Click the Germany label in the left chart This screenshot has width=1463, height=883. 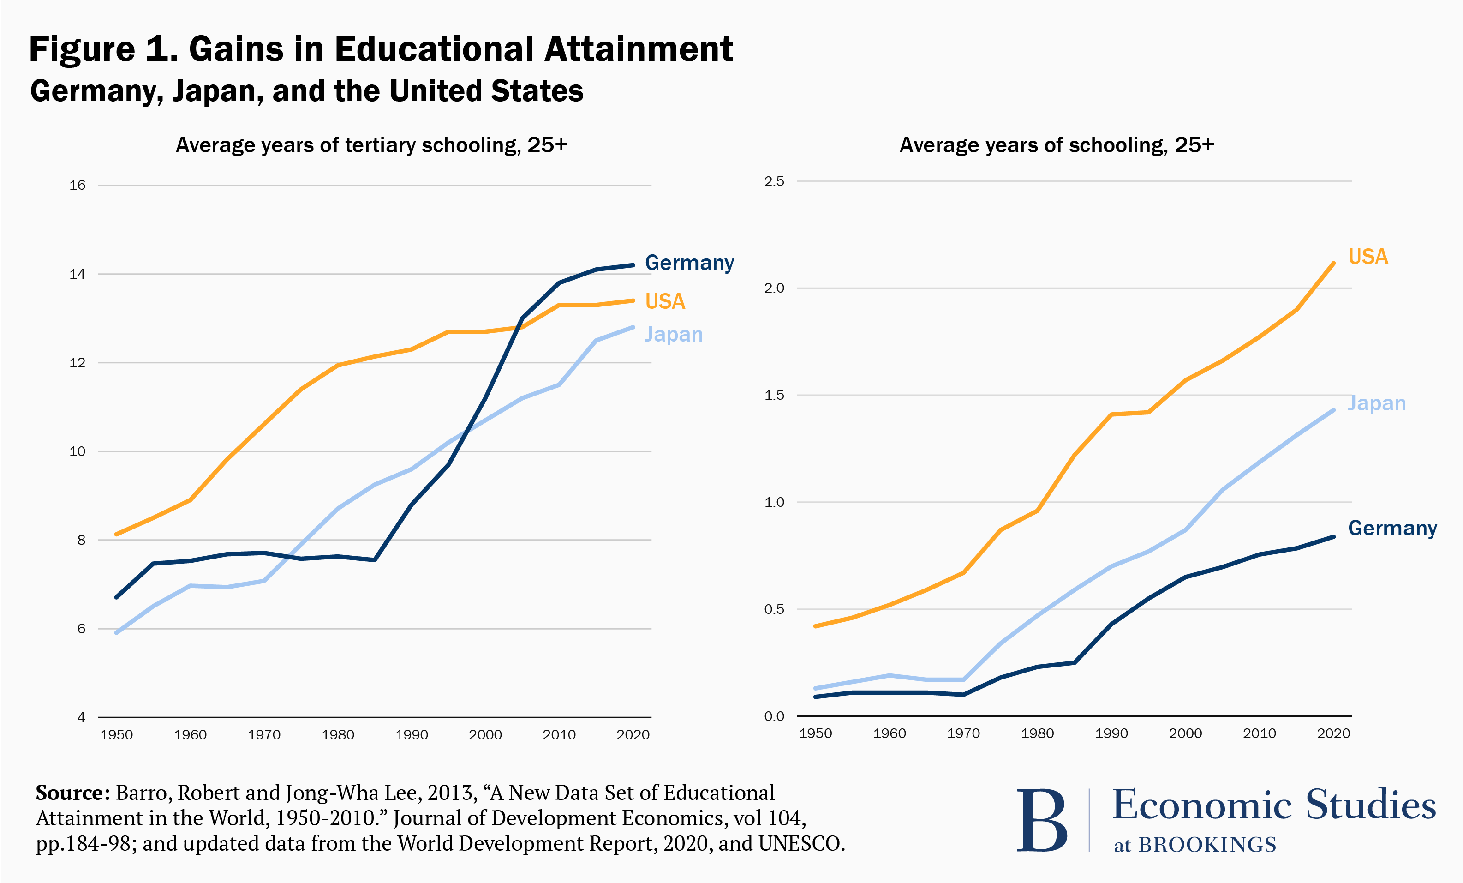(x=689, y=263)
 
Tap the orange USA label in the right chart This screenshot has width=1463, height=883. (x=1368, y=257)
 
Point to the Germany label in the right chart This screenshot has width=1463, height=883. (x=1392, y=528)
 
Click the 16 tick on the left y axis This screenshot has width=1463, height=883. (x=77, y=186)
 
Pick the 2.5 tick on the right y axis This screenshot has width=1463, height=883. (x=774, y=181)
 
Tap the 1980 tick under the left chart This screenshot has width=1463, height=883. (x=338, y=735)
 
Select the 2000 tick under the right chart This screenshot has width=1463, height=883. (x=1185, y=734)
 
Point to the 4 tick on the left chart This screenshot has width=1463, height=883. (x=81, y=718)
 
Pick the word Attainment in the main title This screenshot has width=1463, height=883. (x=638, y=49)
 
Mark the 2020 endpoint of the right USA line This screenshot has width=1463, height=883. (x=1333, y=263)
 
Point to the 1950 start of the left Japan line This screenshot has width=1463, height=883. (x=116, y=633)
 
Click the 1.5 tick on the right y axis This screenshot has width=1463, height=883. (x=774, y=395)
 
